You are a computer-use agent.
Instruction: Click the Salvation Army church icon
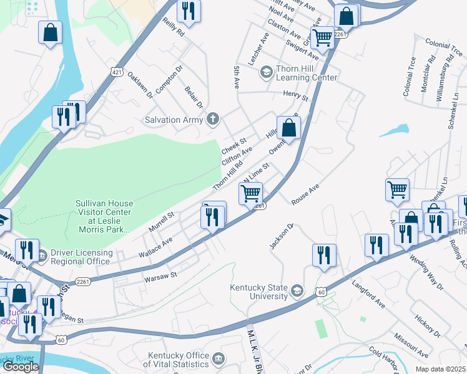pyautogui.click(x=214, y=119)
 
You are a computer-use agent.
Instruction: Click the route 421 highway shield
pyautogui.click(x=117, y=73)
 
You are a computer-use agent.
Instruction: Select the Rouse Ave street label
pyautogui.click(x=305, y=194)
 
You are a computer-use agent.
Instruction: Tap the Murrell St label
pyautogui.click(x=161, y=223)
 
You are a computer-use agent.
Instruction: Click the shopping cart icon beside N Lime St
pyautogui.click(x=250, y=193)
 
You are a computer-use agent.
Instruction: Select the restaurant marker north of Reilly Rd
pyautogui.click(x=187, y=11)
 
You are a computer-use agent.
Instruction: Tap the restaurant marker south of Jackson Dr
pyautogui.click(x=324, y=254)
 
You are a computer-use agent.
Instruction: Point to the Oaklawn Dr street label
pyautogui.click(x=140, y=85)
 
